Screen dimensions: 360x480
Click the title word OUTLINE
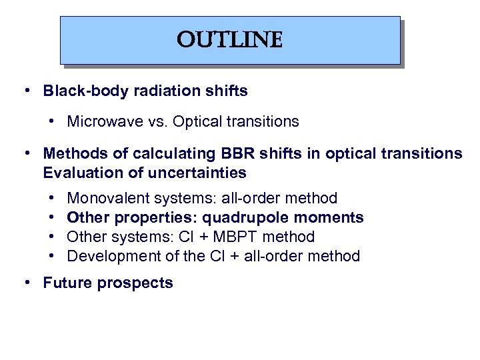coord(229,40)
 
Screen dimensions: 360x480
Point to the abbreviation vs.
coord(155,121)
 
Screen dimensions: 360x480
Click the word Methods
coord(71,154)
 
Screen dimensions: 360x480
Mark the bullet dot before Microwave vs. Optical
coord(51,121)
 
